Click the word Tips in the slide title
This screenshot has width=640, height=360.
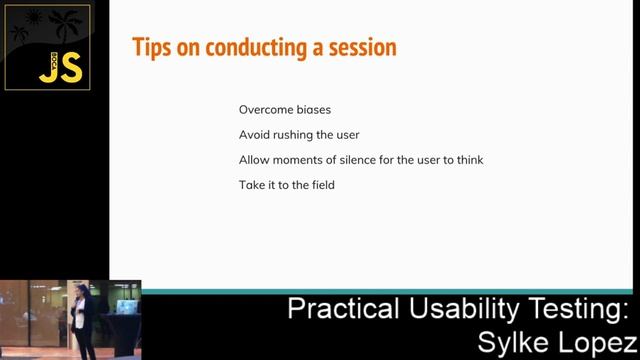click(x=151, y=47)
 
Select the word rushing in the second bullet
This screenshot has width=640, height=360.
click(x=297, y=135)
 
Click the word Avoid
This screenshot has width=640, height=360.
click(x=254, y=135)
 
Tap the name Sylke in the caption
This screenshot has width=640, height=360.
click(x=513, y=342)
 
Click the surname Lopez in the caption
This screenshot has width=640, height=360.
click(x=596, y=342)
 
